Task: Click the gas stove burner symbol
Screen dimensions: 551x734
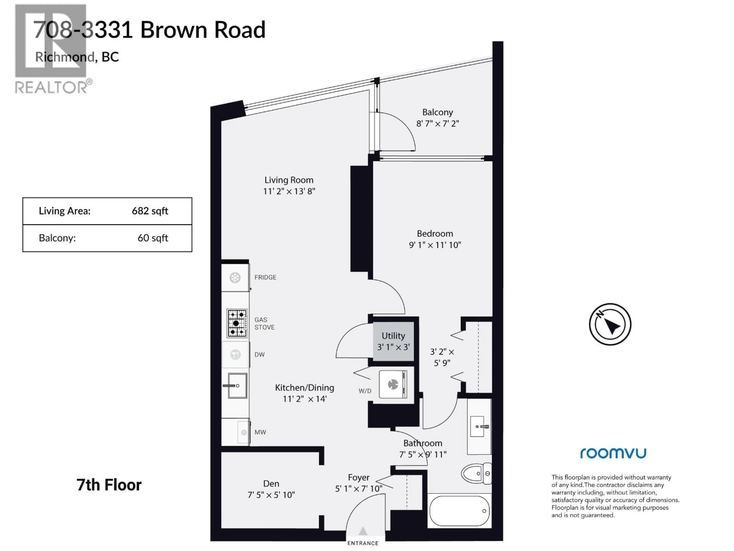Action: coord(237,323)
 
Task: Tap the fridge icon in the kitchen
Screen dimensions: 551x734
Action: coord(235,277)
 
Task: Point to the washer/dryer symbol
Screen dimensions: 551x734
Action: coord(393,385)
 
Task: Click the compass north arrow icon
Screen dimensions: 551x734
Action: coord(610,324)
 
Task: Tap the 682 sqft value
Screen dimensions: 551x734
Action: coord(150,211)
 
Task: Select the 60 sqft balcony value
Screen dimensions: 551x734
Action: coord(153,238)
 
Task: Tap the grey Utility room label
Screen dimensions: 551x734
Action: coord(393,336)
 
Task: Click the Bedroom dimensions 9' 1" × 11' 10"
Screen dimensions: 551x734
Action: coord(435,245)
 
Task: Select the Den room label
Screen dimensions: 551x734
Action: coord(271,484)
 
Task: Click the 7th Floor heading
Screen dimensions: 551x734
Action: coord(109,485)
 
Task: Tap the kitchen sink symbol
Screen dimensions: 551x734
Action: coord(237,386)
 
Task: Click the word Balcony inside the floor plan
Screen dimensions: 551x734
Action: coord(437,112)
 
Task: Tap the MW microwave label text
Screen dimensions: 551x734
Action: coord(260,432)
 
